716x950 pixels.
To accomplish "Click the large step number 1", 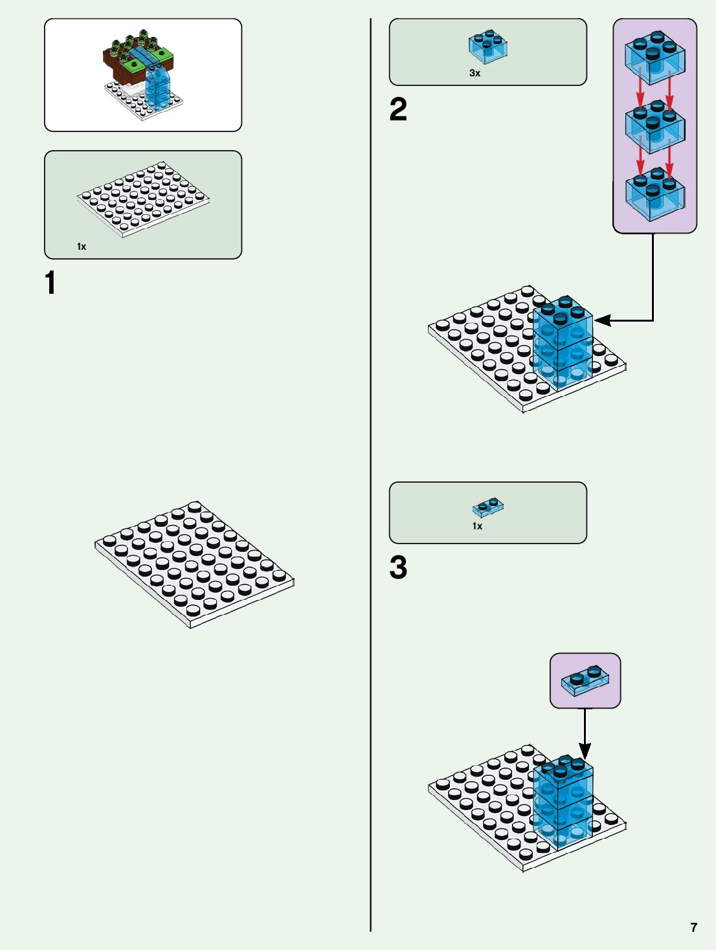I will pos(50,283).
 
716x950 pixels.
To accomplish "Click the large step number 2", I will pos(398,109).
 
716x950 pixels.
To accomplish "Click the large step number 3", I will pos(398,568).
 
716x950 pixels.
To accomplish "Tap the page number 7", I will pos(694,927).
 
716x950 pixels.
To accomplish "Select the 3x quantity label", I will pos(475,74).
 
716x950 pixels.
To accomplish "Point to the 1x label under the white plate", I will pos(82,247).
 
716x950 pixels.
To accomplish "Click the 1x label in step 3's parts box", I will pos(477,526).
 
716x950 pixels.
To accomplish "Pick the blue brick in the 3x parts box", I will pos(488,47).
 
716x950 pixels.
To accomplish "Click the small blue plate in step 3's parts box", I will pos(488,507).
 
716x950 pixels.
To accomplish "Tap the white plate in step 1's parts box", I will pos(143,198).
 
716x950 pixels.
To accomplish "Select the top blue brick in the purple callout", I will pos(654,57).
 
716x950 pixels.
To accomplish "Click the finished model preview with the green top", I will pos(142,74).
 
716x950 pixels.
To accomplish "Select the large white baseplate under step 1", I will pos(194,564).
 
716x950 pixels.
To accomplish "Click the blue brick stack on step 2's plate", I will pos(562,344).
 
